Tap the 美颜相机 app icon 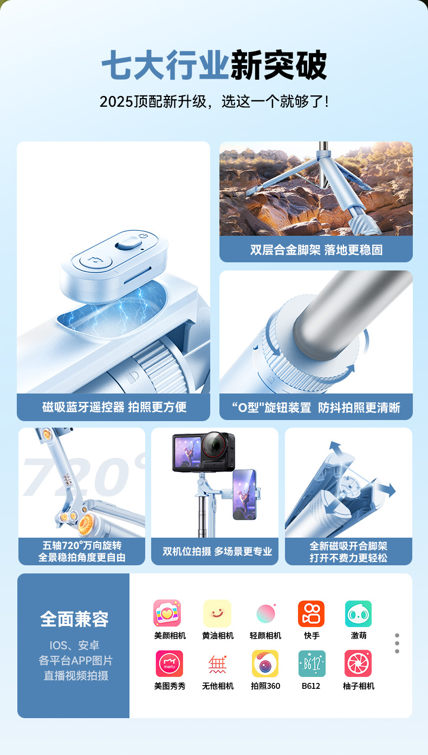[167, 613]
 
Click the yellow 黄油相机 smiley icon [217, 614]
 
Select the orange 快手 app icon [311, 614]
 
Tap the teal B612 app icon [312, 663]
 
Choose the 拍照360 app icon [265, 663]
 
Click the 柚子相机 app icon [358, 663]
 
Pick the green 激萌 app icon [358, 614]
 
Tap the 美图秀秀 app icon [169, 663]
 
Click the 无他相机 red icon [217, 664]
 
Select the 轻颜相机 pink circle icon [266, 614]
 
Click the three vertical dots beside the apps [397, 643]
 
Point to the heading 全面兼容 [74, 619]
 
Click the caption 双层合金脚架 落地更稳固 [316, 250]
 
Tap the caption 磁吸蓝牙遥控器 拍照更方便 [114, 407]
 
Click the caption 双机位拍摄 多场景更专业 [217, 551]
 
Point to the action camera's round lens [215, 444]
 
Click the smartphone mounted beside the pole [245, 494]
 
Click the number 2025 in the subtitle [116, 101]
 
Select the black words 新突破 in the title [278, 64]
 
